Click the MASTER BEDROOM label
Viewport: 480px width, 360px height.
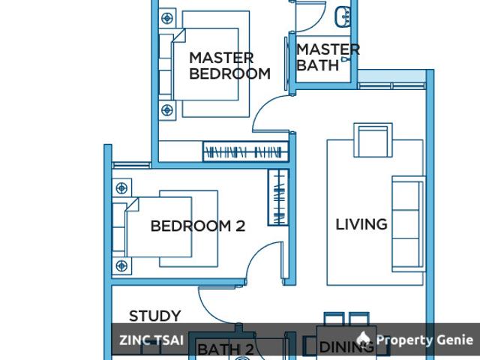pyautogui.click(x=229, y=65)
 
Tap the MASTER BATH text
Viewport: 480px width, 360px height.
pyautogui.click(x=327, y=57)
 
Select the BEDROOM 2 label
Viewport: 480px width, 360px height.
pyautogui.click(x=198, y=226)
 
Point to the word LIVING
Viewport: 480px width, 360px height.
pyautogui.click(x=361, y=223)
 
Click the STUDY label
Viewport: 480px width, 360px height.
pyautogui.click(x=154, y=316)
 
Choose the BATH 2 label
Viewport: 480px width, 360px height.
pyautogui.click(x=225, y=349)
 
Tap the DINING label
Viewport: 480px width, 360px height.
pyautogui.click(x=346, y=347)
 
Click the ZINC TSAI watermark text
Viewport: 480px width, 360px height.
pyautogui.click(x=151, y=340)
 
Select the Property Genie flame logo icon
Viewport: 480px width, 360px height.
pyautogui.click(x=364, y=339)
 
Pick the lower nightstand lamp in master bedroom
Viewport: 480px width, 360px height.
pyautogui.click(x=167, y=110)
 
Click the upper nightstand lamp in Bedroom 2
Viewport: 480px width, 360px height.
pyautogui.click(x=121, y=187)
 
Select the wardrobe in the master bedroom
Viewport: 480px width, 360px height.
pyautogui.click(x=244, y=153)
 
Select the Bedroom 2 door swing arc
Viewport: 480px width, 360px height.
pyautogui.click(x=259, y=262)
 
